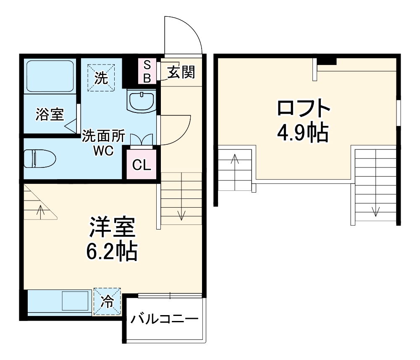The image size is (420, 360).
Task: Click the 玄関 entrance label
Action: (x=181, y=73)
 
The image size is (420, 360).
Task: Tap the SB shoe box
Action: (x=147, y=71)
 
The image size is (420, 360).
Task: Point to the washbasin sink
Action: (x=142, y=101)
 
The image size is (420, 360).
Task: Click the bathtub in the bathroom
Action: (x=50, y=76)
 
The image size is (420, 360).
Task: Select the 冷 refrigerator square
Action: (x=107, y=301)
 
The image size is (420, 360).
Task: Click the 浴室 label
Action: (x=50, y=115)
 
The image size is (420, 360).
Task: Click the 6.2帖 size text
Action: (x=112, y=252)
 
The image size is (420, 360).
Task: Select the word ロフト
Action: (x=304, y=109)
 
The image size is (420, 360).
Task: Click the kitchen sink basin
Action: (x=75, y=300)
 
